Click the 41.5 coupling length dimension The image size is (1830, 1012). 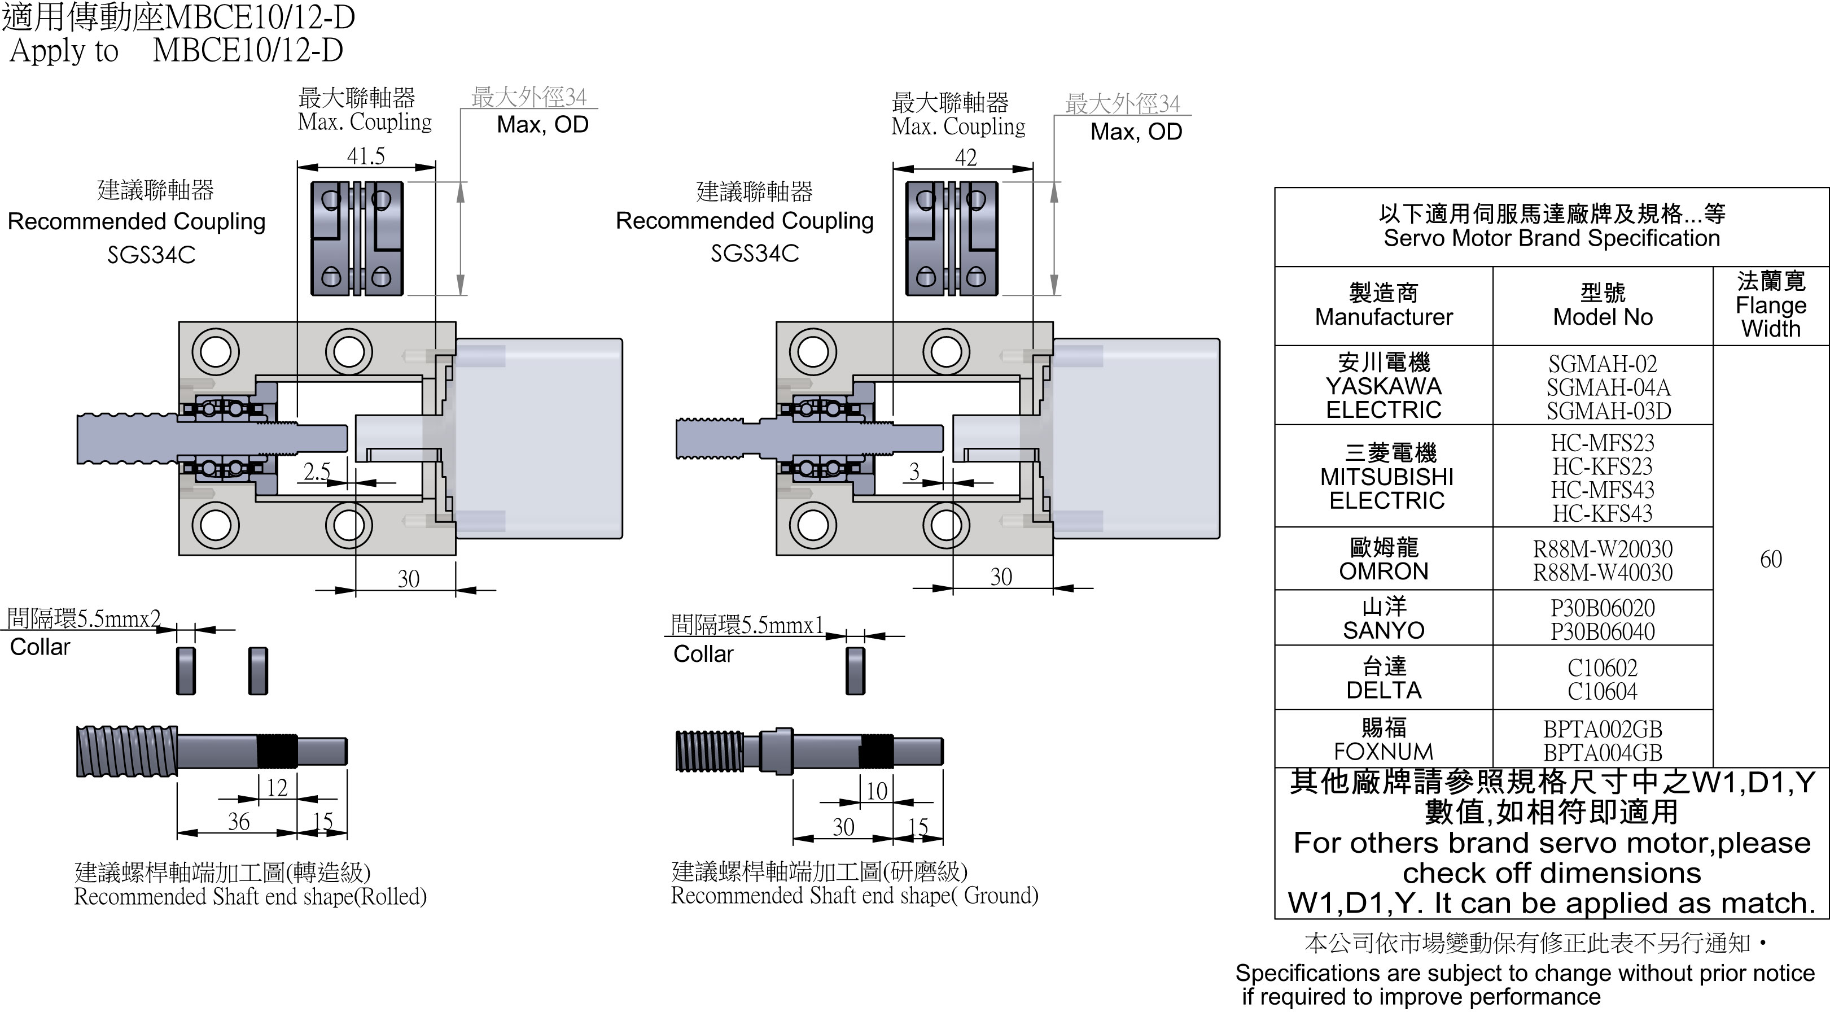point(366,156)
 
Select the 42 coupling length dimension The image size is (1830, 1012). point(965,158)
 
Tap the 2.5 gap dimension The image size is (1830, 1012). point(317,471)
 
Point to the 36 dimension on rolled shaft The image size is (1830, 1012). point(239,822)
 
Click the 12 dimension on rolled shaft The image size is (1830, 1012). point(277,787)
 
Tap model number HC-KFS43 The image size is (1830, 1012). point(1602,513)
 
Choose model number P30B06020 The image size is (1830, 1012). point(1602,608)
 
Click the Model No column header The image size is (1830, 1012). point(1602,306)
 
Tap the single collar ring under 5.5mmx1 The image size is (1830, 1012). point(855,671)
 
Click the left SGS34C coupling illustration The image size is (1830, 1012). point(357,239)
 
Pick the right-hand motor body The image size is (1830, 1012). point(1137,438)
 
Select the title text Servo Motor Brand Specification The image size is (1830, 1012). point(1552,238)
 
